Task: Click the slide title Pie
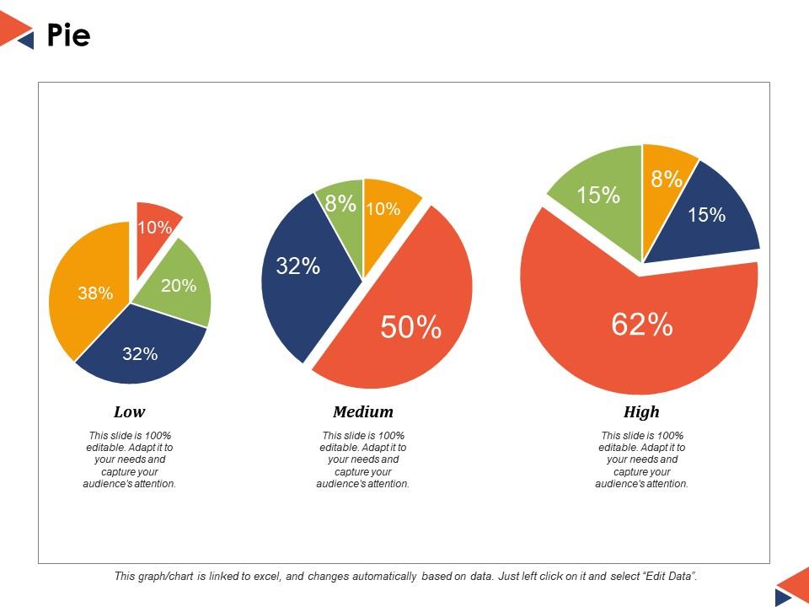coord(68,36)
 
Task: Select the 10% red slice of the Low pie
coord(155,223)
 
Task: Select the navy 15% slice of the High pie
coord(706,216)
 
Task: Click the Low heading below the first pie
coord(129,412)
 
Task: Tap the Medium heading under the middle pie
coord(363,412)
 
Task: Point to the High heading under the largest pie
coord(641,412)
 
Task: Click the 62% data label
coord(642,324)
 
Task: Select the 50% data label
coord(411,327)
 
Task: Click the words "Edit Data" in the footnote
coord(669,577)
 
